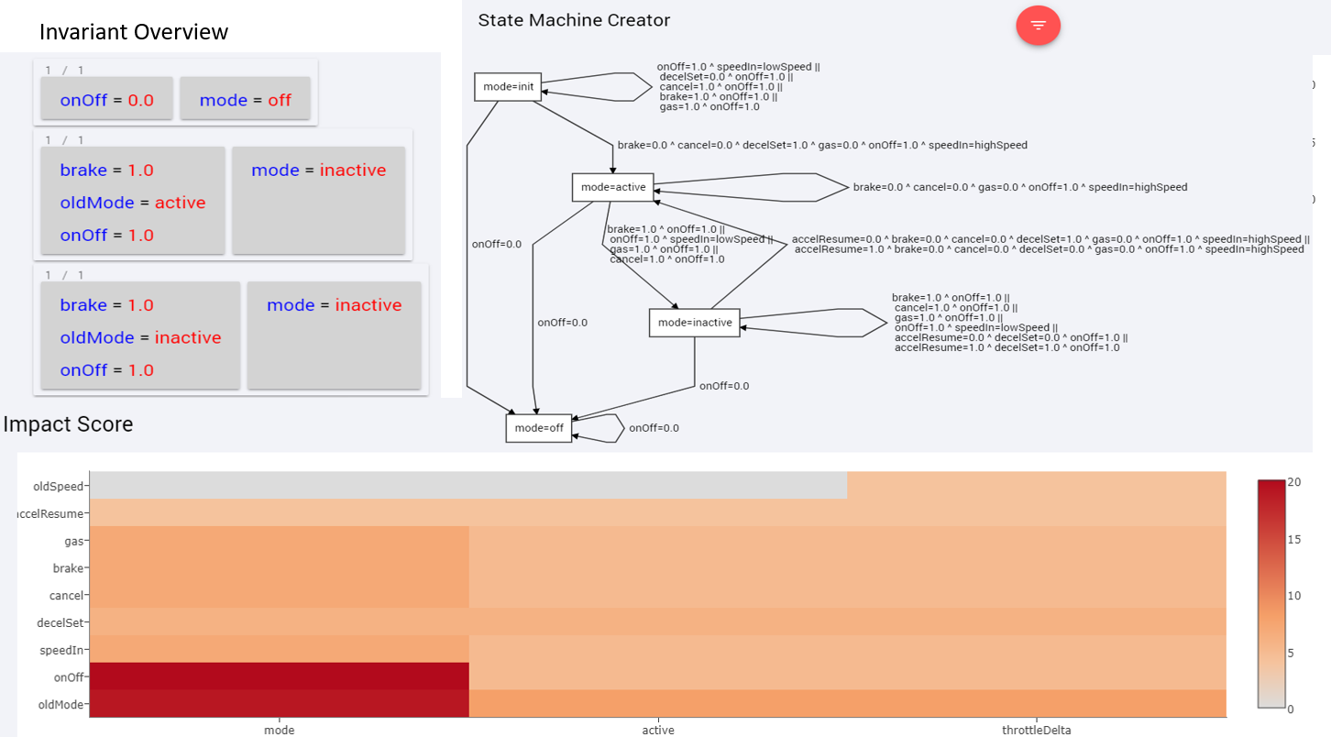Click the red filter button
pos(1038,26)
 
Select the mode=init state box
pos(507,87)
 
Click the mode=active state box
pos(613,188)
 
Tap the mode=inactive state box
pos(695,323)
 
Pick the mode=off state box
pos(539,428)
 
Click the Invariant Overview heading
pos(134,32)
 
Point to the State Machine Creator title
pos(574,20)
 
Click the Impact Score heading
pos(69,424)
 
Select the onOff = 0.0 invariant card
pos(107,100)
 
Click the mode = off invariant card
pos(245,100)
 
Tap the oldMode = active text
pos(132,203)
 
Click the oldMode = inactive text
pos(140,337)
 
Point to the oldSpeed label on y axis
pos(58,487)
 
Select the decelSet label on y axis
pos(60,622)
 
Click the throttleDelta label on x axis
pos(1036,730)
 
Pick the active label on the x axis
pos(658,730)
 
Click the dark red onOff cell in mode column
pos(280,676)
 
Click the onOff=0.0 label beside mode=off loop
pos(654,428)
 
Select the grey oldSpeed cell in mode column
pos(280,486)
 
